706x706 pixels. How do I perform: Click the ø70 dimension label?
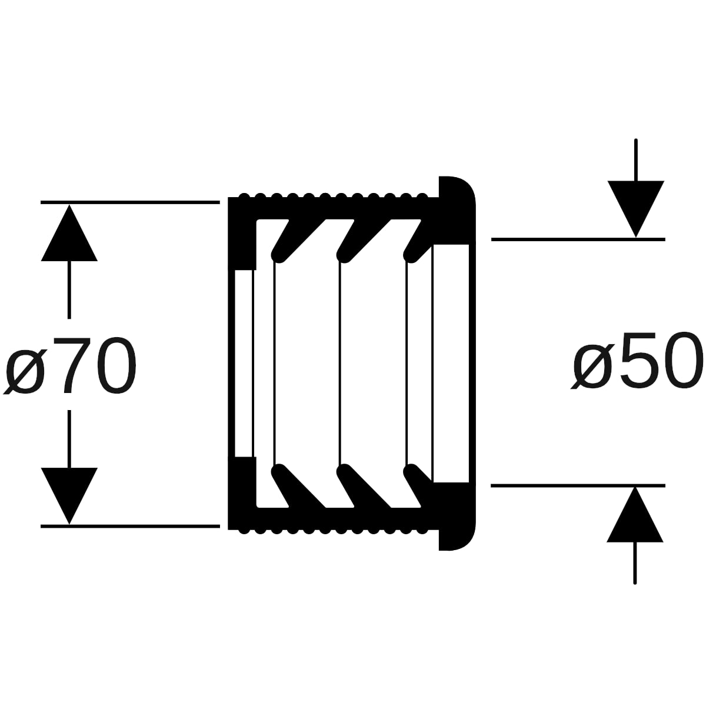point(69,365)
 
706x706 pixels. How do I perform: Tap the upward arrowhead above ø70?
point(69,232)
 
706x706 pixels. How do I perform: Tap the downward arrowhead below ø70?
point(69,496)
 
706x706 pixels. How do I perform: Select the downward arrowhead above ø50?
point(636,209)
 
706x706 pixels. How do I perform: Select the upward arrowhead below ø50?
point(635,514)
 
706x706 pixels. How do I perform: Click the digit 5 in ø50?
point(641,361)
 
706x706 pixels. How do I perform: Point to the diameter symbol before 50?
point(593,366)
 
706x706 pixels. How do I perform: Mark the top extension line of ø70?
point(130,202)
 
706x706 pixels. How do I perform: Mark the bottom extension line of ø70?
point(130,526)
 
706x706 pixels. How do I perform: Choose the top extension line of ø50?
point(578,239)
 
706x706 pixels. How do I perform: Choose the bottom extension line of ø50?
point(578,485)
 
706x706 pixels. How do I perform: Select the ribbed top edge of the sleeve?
point(334,196)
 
